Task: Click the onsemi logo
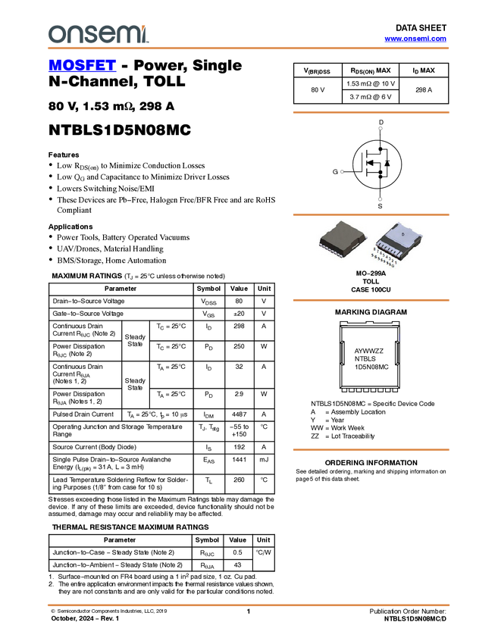point(98,33)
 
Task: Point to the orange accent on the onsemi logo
point(147,28)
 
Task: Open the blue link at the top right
point(415,39)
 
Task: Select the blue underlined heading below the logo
point(82,66)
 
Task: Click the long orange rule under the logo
point(248,48)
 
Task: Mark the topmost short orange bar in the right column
point(371,113)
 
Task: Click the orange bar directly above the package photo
point(371,215)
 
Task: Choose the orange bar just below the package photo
point(371,300)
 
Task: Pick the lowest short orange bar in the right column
point(371,450)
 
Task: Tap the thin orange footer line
point(248,605)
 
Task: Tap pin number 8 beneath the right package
point(374,249)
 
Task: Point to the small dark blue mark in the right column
point(399,338)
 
